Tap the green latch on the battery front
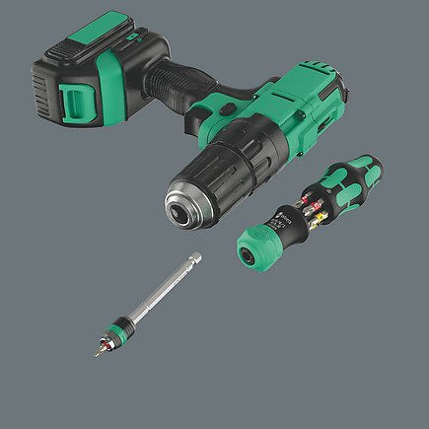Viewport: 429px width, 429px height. pyautogui.click(x=76, y=100)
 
